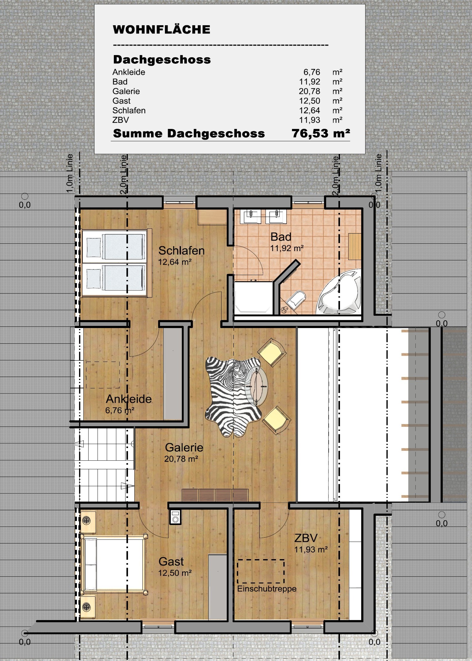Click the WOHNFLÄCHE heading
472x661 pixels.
(x=162, y=30)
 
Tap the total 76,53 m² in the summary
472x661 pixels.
(x=320, y=133)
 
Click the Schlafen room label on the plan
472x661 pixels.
(x=181, y=250)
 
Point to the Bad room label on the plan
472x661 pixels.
(x=281, y=237)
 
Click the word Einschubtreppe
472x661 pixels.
(x=267, y=589)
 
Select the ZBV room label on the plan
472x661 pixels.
(x=306, y=538)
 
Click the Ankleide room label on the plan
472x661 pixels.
(x=129, y=399)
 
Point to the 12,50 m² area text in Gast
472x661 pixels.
(x=175, y=573)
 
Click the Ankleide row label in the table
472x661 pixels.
(x=129, y=72)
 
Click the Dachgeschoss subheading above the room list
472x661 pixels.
(x=162, y=59)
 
